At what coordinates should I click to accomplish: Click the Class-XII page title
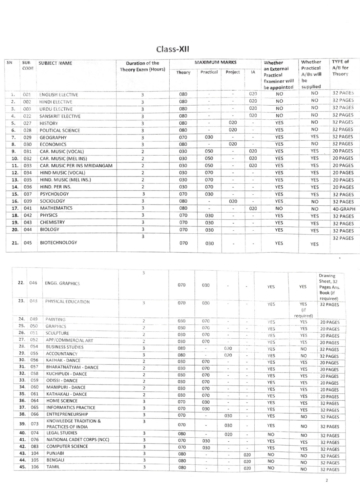click(173, 50)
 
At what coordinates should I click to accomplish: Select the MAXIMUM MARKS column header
click(215, 62)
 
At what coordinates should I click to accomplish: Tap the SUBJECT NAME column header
click(55, 63)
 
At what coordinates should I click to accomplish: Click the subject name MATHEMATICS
click(56, 208)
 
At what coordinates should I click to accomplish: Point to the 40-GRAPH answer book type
click(344, 209)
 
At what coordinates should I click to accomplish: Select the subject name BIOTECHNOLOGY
click(58, 242)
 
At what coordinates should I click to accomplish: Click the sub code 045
click(28, 243)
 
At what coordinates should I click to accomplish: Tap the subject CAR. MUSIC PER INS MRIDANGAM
click(76, 166)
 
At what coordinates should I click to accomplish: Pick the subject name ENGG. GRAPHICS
click(62, 283)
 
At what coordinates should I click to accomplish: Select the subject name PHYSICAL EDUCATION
click(67, 302)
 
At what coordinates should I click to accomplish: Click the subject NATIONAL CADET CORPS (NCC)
click(78, 440)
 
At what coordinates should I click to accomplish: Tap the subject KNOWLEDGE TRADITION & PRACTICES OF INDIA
click(74, 424)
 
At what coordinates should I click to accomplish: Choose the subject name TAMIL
click(53, 467)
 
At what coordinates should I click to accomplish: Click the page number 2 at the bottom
click(326, 481)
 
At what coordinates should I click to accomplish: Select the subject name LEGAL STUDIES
click(62, 433)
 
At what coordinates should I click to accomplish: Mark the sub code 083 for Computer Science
click(34, 446)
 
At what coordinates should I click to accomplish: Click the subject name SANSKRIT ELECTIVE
click(60, 116)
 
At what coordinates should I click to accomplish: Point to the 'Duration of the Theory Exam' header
click(142, 66)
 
